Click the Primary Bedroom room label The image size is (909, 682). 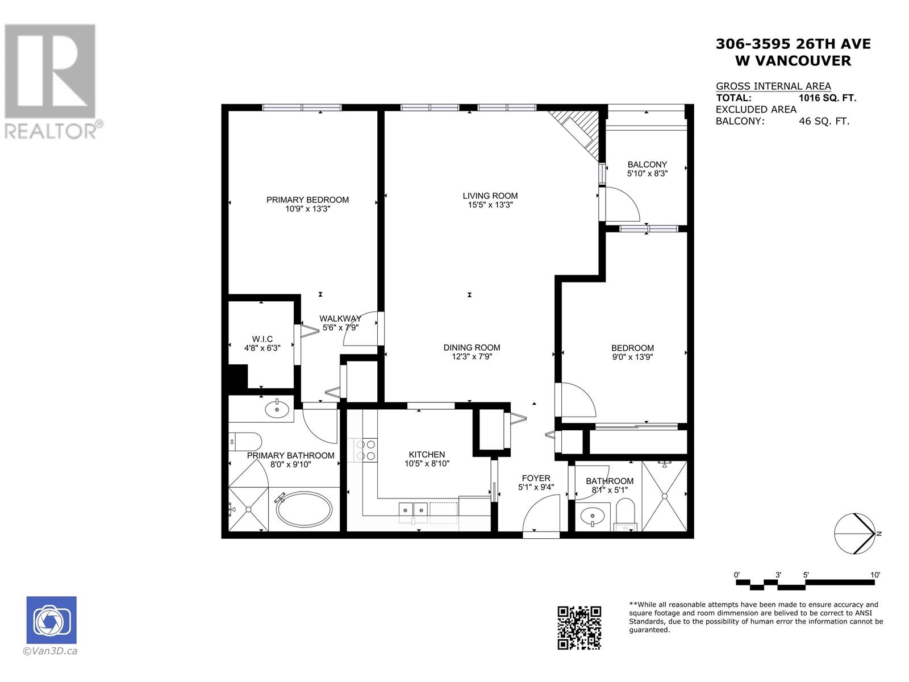coord(307,199)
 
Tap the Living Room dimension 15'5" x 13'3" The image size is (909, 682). coord(490,205)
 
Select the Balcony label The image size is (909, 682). coord(647,164)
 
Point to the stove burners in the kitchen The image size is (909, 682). coord(365,450)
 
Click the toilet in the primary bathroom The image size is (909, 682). coord(245,440)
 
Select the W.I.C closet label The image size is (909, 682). coord(262,339)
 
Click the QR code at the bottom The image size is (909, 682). coord(579,627)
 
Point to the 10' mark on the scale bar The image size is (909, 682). coord(875,575)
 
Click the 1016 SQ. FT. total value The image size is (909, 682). coord(827,98)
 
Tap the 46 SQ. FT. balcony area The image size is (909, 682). coord(824,121)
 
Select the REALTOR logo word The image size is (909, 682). coord(51,131)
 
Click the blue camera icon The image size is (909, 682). coord(51,620)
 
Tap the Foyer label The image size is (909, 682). coord(536,478)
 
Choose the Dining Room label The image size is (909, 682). coord(472,347)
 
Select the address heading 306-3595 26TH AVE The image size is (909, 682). coord(793,44)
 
